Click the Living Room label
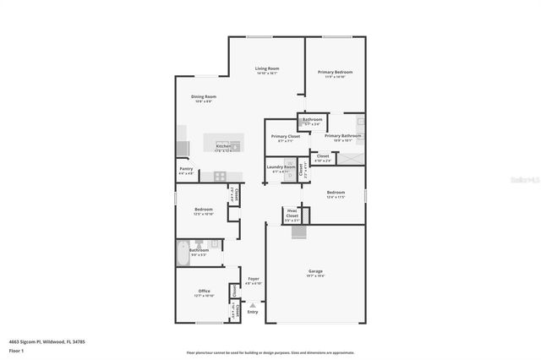(268, 68)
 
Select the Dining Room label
(204, 96)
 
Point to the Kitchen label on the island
(223, 146)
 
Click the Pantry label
(187, 168)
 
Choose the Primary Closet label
(285, 136)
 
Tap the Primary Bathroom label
(342, 135)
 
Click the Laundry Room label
(281, 166)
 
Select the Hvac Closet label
(292, 213)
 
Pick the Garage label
(315, 271)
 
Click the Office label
(204, 291)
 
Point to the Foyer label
(253, 279)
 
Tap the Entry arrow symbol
(252, 304)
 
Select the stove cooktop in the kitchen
(220, 176)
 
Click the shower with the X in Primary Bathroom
(350, 158)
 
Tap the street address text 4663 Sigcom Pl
(35, 341)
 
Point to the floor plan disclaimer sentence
(270, 352)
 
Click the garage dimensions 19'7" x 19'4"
(315, 275)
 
